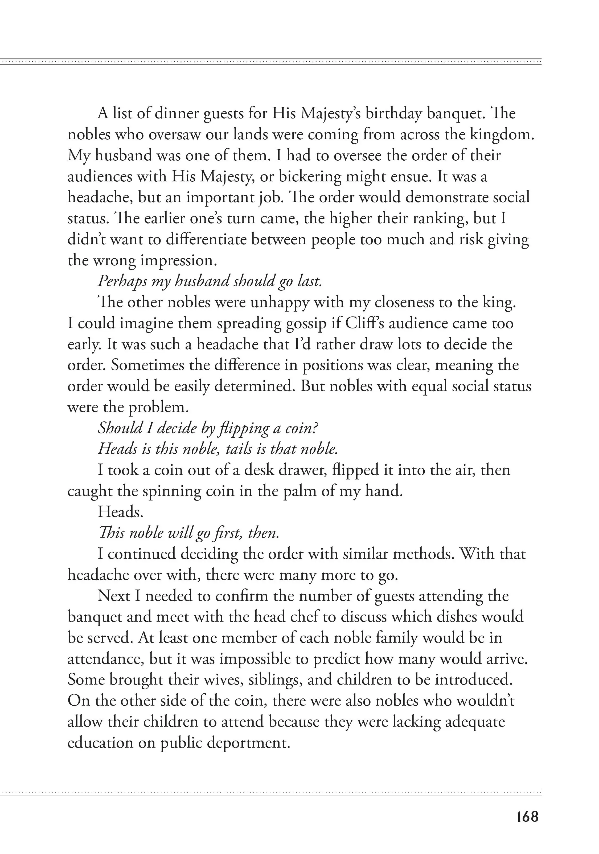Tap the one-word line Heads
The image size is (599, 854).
pyautogui.click(x=121, y=512)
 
